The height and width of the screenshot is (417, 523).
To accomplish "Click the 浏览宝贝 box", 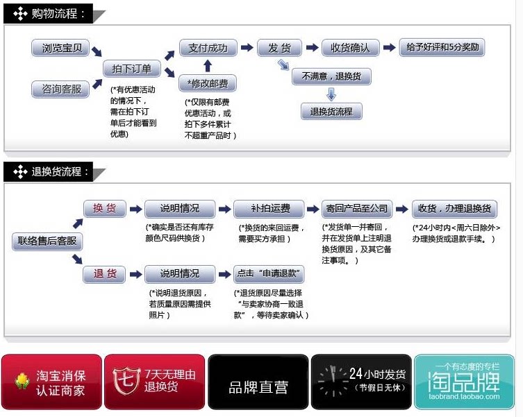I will coord(61,48).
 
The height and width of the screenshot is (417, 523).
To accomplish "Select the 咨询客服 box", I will coord(61,89).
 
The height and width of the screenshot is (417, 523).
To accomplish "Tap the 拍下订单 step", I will coord(132,69).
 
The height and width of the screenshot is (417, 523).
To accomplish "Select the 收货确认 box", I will coord(350,48).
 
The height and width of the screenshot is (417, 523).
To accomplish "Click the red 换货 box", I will coord(104,208).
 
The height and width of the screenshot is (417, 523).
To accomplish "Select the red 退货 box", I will coord(104,273).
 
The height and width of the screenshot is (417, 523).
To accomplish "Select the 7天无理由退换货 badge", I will coord(155,382).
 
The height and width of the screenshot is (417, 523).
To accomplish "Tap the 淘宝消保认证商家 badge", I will coord(51,382).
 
